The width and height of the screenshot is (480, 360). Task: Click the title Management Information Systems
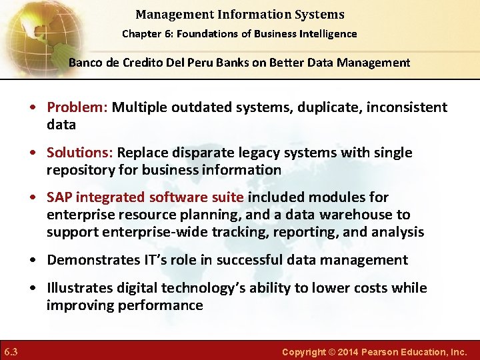click(x=239, y=14)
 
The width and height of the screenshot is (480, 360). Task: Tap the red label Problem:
click(x=77, y=107)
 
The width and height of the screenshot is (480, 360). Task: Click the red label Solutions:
click(x=80, y=153)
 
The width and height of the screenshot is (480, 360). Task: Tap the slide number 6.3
click(x=11, y=351)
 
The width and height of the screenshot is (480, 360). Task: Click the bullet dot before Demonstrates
click(x=33, y=260)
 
